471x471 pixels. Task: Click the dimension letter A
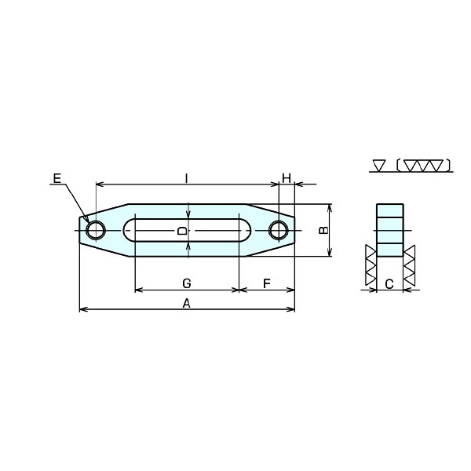[187, 304]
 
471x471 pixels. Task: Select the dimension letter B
[323, 230]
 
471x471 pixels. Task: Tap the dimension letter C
[389, 284]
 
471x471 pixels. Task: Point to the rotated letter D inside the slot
[182, 231]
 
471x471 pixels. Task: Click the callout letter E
[57, 178]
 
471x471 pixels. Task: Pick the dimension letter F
[267, 283]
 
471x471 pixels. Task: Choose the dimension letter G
[187, 283]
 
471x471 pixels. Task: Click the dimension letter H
[287, 178]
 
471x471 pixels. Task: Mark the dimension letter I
[187, 178]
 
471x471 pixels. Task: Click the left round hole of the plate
[96, 230]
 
